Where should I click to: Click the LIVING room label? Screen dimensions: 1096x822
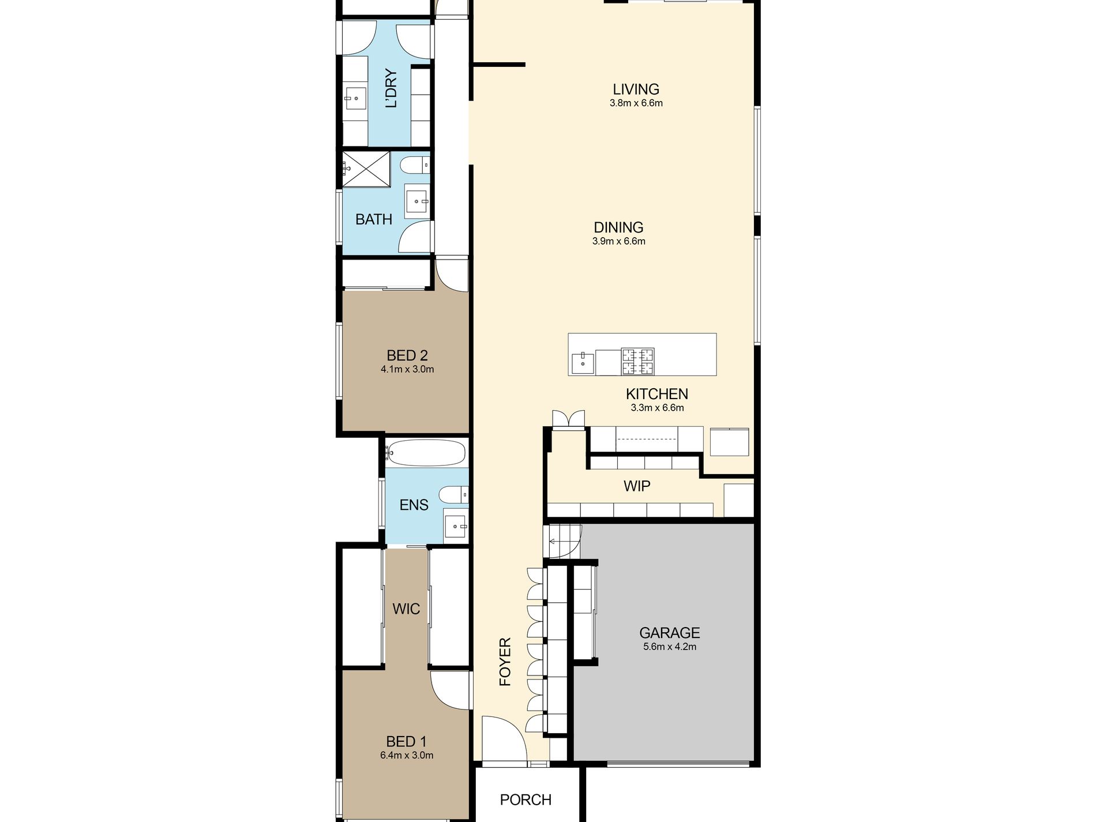point(636,89)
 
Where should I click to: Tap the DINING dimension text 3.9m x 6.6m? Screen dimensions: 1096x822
point(618,241)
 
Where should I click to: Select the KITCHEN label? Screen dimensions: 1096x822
point(657,394)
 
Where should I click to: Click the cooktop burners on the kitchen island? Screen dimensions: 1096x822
point(637,362)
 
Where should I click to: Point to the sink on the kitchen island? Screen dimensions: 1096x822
point(583,362)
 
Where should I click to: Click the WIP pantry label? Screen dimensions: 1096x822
point(637,486)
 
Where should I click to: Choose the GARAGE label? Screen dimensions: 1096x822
point(669,633)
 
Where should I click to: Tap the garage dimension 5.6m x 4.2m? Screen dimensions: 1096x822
point(669,647)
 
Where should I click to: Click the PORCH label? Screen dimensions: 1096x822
point(526,800)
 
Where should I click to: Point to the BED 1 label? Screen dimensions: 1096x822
point(406,741)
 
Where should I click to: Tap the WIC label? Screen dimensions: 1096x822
point(406,609)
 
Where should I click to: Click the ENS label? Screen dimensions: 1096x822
point(414,505)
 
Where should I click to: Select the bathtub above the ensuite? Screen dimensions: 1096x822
point(426,453)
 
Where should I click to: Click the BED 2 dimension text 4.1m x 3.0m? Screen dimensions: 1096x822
point(407,369)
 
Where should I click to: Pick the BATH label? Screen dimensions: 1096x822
point(374,219)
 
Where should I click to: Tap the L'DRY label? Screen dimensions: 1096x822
point(392,89)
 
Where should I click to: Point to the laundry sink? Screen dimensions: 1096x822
point(356,99)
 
